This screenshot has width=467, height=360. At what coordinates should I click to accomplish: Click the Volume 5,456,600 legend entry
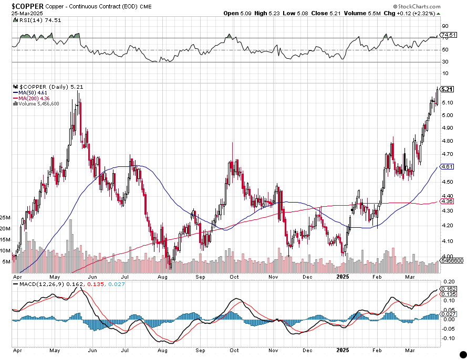pos(37,104)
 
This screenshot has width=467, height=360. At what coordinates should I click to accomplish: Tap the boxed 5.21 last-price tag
pos(448,89)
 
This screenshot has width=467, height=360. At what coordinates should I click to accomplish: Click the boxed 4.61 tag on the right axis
pos(448,166)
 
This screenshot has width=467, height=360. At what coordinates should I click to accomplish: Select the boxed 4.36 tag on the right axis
pos(448,201)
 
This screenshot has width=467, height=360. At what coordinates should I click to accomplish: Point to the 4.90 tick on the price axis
pos(448,128)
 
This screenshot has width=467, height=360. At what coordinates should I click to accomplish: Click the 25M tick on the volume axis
pos(6,217)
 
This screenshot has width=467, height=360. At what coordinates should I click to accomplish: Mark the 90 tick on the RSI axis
pos(444,26)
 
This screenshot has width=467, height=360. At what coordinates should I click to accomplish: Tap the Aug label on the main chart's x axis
pos(162,276)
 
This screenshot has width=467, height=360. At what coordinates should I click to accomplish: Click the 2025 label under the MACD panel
pos(343,349)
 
